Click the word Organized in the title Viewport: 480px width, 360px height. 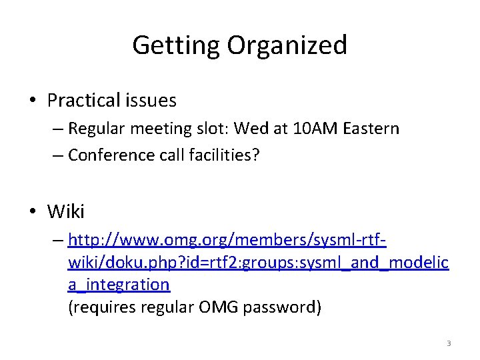tap(287, 45)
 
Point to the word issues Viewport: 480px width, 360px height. tap(151, 101)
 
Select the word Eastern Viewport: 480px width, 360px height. tap(371, 128)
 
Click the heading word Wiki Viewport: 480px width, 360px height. tap(66, 212)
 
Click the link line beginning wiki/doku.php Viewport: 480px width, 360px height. tap(258, 262)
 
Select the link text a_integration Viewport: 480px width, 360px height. tap(119, 285)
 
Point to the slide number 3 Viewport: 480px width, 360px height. tap(449, 343)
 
